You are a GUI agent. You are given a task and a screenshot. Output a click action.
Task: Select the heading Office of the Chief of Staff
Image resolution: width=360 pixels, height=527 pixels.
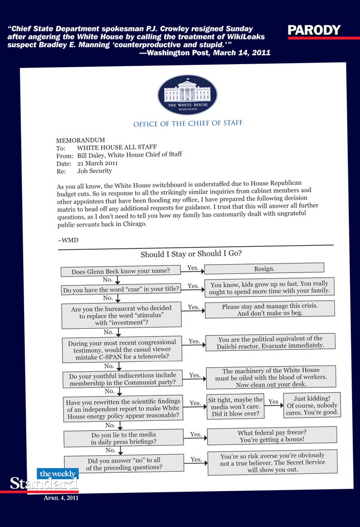point(188,124)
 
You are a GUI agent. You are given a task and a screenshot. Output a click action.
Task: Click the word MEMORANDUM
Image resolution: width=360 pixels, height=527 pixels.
point(81,140)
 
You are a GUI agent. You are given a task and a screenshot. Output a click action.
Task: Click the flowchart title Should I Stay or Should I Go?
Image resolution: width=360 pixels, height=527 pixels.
point(191,254)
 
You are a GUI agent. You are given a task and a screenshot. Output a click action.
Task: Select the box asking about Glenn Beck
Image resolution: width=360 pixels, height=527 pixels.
point(121,271)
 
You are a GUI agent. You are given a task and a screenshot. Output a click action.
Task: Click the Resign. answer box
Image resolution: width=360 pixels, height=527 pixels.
point(264,269)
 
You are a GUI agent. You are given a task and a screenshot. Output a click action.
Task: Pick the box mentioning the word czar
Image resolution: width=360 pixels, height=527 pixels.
point(121,290)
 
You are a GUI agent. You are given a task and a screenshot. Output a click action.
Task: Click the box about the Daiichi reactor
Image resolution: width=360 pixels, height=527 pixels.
point(270,342)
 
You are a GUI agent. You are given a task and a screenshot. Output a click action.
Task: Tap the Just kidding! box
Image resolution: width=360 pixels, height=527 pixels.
point(312,406)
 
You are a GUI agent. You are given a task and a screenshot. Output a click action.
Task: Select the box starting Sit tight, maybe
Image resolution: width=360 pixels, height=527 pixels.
point(235,407)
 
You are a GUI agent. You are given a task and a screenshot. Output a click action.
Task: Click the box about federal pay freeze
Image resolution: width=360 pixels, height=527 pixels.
point(272,435)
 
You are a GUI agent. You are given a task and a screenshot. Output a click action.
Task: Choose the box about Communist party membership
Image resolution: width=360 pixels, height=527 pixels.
point(122,380)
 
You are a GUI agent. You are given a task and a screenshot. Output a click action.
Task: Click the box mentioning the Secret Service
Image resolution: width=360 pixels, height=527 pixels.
point(272,462)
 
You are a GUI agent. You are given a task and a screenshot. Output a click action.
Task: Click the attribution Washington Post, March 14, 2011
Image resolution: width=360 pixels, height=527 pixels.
point(205,53)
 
